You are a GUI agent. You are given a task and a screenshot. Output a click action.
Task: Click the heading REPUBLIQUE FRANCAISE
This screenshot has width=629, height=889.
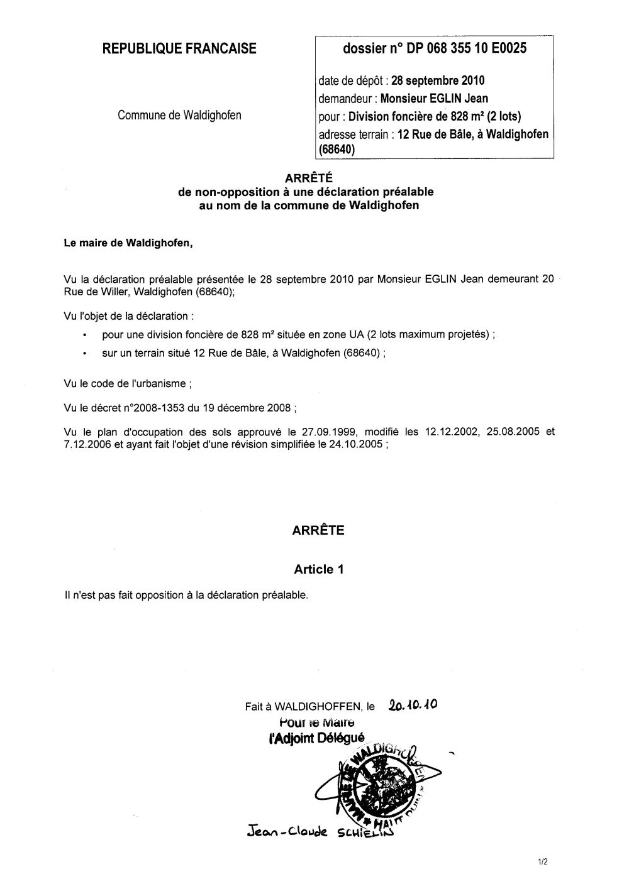coord(179,48)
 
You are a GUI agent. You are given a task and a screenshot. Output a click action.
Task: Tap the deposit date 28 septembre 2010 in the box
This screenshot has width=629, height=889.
coord(438,80)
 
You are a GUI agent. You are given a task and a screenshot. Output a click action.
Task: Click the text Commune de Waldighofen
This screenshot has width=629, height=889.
coord(179,115)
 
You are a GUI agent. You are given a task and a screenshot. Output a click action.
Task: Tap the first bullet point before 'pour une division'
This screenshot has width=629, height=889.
coord(84,335)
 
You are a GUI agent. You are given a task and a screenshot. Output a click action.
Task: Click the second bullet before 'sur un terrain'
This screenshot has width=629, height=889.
coord(84,354)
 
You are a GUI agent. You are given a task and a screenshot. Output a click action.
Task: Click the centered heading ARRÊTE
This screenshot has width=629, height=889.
coord(318,530)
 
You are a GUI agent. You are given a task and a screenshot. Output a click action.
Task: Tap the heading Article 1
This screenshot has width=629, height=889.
coord(318,570)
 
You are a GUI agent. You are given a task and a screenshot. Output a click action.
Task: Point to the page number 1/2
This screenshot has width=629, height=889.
coord(543,863)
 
